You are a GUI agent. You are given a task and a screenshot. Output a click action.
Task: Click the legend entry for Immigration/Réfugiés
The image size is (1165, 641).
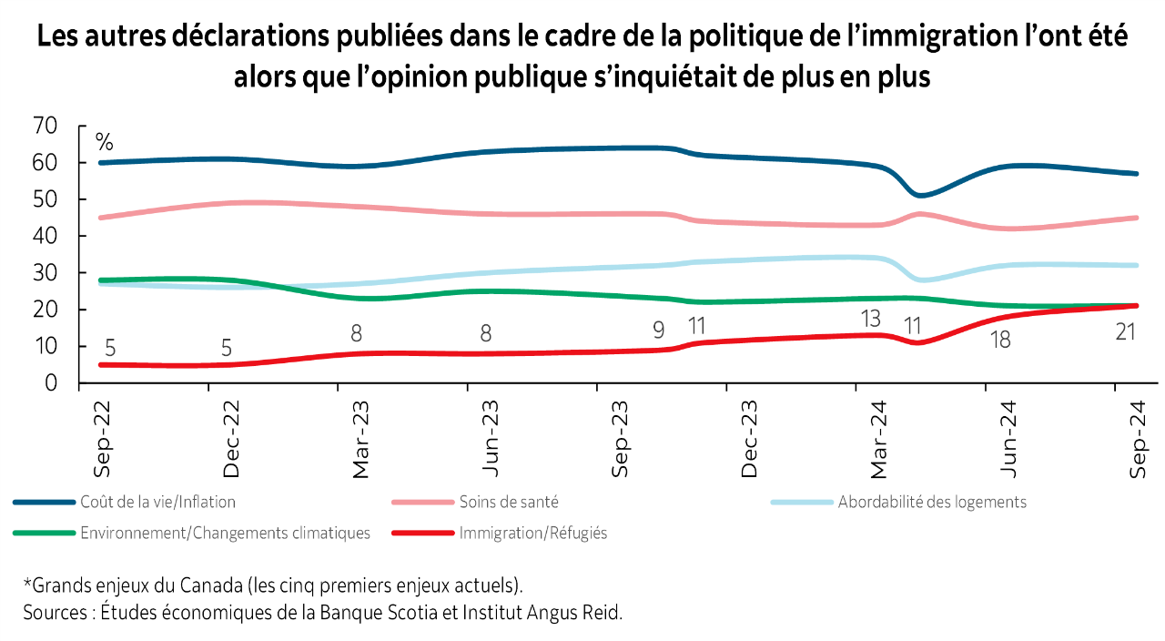click(532, 534)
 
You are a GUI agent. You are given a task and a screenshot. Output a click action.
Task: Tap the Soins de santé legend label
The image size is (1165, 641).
click(509, 502)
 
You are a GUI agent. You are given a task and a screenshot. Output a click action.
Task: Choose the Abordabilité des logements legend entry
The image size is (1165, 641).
click(932, 502)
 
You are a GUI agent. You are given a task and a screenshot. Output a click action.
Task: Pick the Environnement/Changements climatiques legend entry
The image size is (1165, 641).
click(225, 534)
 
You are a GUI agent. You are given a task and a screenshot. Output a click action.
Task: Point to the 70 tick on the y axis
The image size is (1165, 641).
click(45, 126)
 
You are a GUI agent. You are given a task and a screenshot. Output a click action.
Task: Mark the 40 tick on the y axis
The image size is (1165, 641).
click(45, 236)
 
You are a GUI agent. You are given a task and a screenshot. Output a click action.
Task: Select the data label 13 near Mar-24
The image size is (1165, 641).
click(870, 319)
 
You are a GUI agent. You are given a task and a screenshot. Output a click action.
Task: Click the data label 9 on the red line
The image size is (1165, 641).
click(659, 330)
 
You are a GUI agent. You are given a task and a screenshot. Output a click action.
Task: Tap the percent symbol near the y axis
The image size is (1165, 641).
click(105, 143)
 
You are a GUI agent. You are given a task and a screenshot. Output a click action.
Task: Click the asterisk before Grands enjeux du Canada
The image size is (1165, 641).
click(26, 581)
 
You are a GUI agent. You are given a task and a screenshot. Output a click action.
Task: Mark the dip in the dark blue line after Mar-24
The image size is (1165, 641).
click(920, 195)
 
